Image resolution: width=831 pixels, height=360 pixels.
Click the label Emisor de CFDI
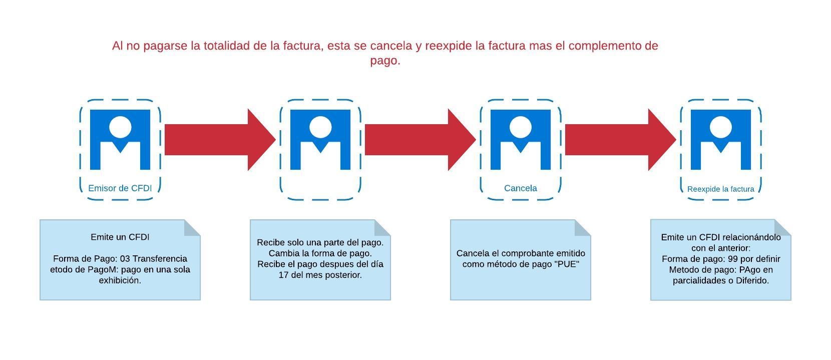[x=120, y=188]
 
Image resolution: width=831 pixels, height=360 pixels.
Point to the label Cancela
[x=520, y=188]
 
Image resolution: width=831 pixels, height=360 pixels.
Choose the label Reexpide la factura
[x=720, y=189]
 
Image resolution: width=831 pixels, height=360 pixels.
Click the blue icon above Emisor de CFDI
[x=120, y=140]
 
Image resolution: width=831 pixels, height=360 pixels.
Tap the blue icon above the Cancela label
[x=521, y=140]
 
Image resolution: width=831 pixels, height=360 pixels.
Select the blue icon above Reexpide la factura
[x=721, y=140]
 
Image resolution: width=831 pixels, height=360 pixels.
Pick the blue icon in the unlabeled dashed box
[x=320, y=140]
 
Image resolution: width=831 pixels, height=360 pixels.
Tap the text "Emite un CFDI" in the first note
[x=120, y=237]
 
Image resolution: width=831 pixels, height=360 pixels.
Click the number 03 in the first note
[x=125, y=259]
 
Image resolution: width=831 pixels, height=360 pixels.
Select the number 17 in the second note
[x=284, y=275]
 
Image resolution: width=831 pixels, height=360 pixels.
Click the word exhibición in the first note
[x=120, y=280]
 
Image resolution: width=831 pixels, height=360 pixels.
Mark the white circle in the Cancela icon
[x=521, y=127]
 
